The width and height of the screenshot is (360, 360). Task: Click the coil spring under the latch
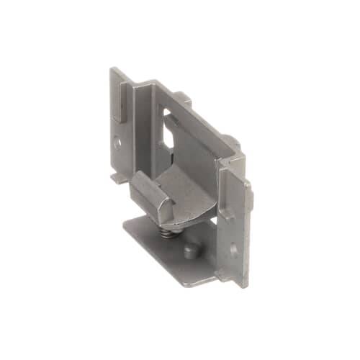tap(166, 232)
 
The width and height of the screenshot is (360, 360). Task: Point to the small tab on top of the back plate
tap(184, 98)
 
